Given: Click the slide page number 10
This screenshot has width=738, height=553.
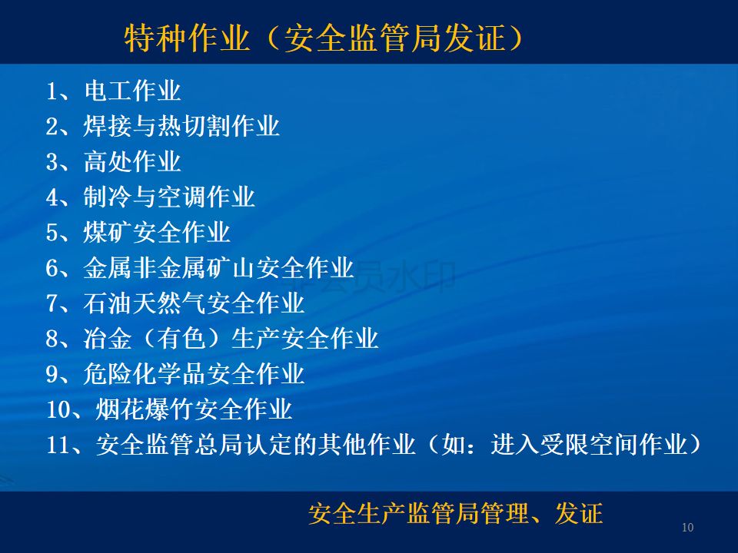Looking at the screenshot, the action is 687,528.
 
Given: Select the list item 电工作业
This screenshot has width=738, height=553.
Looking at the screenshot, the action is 132,91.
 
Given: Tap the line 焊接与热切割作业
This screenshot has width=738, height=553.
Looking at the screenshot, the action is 181,126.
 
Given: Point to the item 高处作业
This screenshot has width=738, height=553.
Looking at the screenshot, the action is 132,162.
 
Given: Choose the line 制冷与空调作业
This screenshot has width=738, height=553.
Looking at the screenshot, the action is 169,197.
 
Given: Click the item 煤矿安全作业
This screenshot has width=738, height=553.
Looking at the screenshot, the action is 157,232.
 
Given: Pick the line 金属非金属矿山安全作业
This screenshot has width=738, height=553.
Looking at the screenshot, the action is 219,268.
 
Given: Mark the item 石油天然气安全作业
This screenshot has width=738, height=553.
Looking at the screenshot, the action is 194,303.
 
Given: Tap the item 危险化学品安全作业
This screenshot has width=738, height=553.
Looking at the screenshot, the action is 194,374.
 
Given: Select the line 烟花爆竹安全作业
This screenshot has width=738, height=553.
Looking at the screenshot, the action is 194,409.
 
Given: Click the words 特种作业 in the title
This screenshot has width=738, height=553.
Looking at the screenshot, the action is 187,38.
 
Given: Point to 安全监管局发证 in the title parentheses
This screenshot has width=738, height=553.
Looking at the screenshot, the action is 395,38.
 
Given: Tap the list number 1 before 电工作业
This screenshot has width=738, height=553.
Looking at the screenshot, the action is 52,91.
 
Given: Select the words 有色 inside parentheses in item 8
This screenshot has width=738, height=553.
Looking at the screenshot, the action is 181,339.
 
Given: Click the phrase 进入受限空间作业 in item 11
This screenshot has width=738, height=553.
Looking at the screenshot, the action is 589,445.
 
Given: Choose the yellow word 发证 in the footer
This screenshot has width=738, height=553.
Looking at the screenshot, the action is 579,513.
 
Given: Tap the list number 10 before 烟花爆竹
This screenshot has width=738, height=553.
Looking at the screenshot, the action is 58,409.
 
